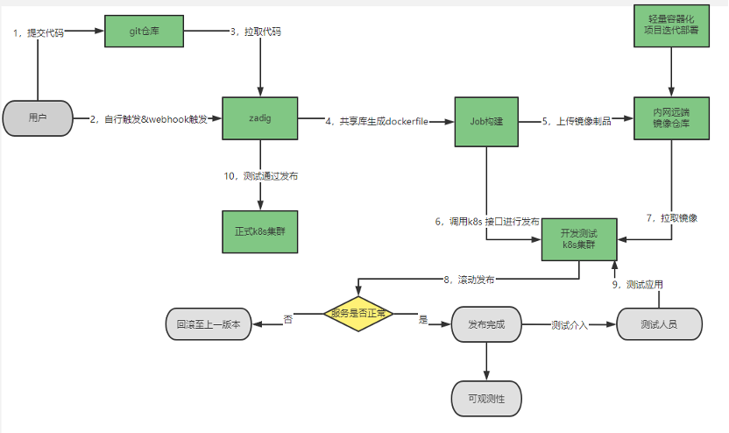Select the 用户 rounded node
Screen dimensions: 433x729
38,117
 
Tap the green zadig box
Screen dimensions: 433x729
260,117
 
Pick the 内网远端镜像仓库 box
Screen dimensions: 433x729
670,118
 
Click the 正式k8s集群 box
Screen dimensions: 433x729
260,231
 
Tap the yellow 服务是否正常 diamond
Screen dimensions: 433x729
358,313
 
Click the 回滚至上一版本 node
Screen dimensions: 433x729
208,323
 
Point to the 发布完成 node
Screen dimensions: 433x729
485,323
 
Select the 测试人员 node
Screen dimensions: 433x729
659,323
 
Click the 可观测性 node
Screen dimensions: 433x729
485,399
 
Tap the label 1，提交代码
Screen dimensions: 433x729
39,32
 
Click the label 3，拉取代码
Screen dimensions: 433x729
256,32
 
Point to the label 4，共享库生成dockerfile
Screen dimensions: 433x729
376,121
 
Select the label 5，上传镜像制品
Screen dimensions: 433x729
576,121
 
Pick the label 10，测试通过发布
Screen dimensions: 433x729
260,176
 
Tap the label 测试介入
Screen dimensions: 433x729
570,324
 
